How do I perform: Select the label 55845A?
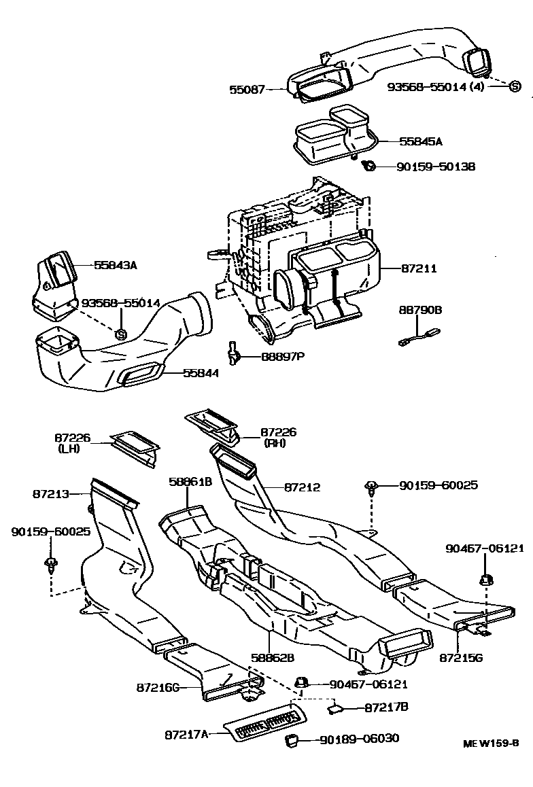420,141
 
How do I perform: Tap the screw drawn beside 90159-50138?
369,165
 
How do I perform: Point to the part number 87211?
417,269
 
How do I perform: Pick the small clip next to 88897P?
235,352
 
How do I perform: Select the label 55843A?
115,265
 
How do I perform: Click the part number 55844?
201,372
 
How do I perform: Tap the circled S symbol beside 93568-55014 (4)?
515,86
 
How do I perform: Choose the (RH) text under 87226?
275,443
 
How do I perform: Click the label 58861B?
190,482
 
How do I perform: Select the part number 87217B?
386,707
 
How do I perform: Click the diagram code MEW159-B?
491,743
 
